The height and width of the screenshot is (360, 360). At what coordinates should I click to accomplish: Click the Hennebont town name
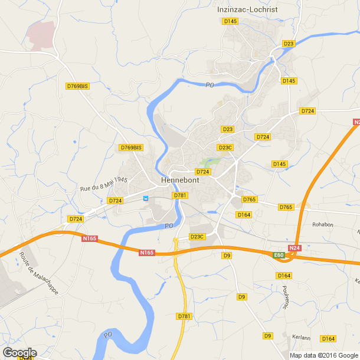tap(180, 181)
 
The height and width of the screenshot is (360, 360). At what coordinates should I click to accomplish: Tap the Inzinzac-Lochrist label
tap(247, 9)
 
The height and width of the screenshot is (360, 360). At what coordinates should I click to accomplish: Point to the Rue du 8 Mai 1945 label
tap(104, 184)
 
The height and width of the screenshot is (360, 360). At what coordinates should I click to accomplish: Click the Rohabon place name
tap(323, 224)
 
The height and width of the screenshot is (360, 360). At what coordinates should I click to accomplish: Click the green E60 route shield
tap(279, 254)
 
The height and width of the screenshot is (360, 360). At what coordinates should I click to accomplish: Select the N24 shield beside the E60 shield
tap(295, 248)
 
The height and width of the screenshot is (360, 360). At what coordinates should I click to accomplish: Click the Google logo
tap(19, 353)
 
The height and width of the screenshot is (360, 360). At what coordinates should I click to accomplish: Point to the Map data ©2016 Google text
tap(324, 355)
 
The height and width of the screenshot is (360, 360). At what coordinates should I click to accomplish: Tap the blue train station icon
tap(145, 199)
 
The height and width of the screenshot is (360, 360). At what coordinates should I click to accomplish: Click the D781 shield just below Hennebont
tap(180, 195)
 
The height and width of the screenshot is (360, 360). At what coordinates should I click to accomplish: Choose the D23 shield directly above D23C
tap(228, 129)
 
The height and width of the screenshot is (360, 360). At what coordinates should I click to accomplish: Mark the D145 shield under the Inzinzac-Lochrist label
tap(230, 21)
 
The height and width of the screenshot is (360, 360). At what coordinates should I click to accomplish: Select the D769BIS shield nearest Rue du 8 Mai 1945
tap(131, 148)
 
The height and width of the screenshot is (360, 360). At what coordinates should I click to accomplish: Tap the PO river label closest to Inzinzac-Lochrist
tap(210, 85)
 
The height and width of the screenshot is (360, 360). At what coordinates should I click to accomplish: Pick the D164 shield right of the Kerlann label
tap(328, 338)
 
